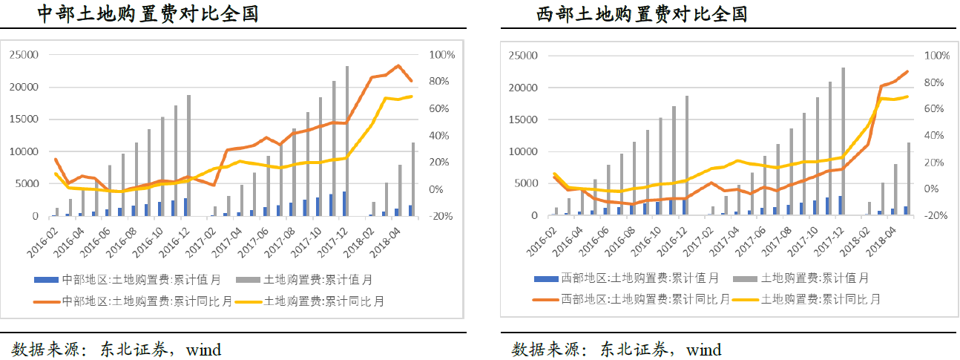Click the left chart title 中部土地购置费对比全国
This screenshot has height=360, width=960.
148,13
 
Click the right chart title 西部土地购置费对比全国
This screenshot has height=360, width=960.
642,14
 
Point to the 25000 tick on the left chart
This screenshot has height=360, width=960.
24,55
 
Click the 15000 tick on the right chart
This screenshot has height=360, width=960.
523,120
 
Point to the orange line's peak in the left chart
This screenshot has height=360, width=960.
398,65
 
